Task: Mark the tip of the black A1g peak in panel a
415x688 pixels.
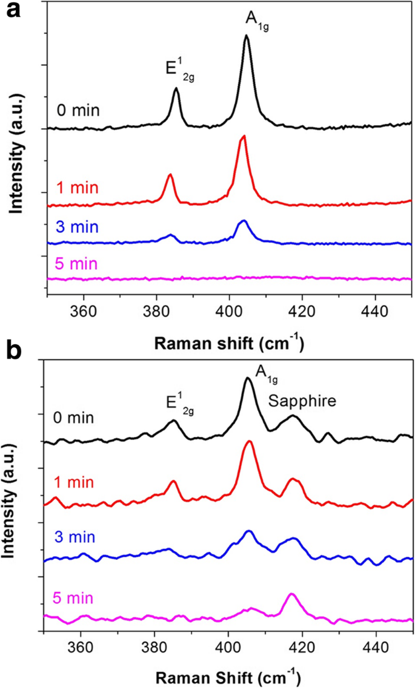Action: tap(247, 36)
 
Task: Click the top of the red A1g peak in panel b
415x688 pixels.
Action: tap(248, 442)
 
